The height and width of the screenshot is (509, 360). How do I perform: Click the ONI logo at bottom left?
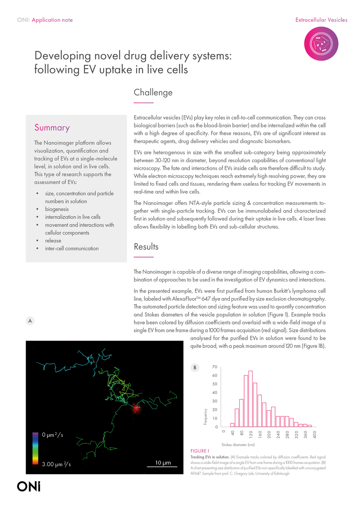tap(29, 486)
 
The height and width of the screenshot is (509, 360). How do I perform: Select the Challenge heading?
tap(153, 92)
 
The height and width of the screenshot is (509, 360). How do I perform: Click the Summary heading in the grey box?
tap(52, 127)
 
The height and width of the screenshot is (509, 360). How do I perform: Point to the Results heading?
tap(146, 247)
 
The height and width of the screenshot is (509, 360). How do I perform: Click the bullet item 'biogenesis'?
tap(57, 209)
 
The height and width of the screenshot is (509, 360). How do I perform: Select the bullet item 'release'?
tap(53, 241)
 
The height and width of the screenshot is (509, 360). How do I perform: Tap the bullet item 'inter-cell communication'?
tap(72, 248)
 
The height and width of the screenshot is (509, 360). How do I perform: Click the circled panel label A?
tap(30, 321)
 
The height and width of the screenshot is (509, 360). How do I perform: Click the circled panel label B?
tap(195, 368)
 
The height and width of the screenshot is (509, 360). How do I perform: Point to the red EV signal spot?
tap(137, 408)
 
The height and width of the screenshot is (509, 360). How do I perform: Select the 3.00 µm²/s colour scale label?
tap(56, 464)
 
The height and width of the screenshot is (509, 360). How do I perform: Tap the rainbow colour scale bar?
tap(35, 448)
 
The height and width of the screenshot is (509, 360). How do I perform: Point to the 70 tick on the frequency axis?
tap(215, 367)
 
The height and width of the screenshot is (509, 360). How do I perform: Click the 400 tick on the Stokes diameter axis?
tap(314, 434)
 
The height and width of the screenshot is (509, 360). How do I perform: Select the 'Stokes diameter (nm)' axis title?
tap(238, 445)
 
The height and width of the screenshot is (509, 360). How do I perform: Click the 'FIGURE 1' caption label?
tap(200, 451)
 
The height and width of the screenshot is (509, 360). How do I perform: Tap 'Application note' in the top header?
tap(52, 20)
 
